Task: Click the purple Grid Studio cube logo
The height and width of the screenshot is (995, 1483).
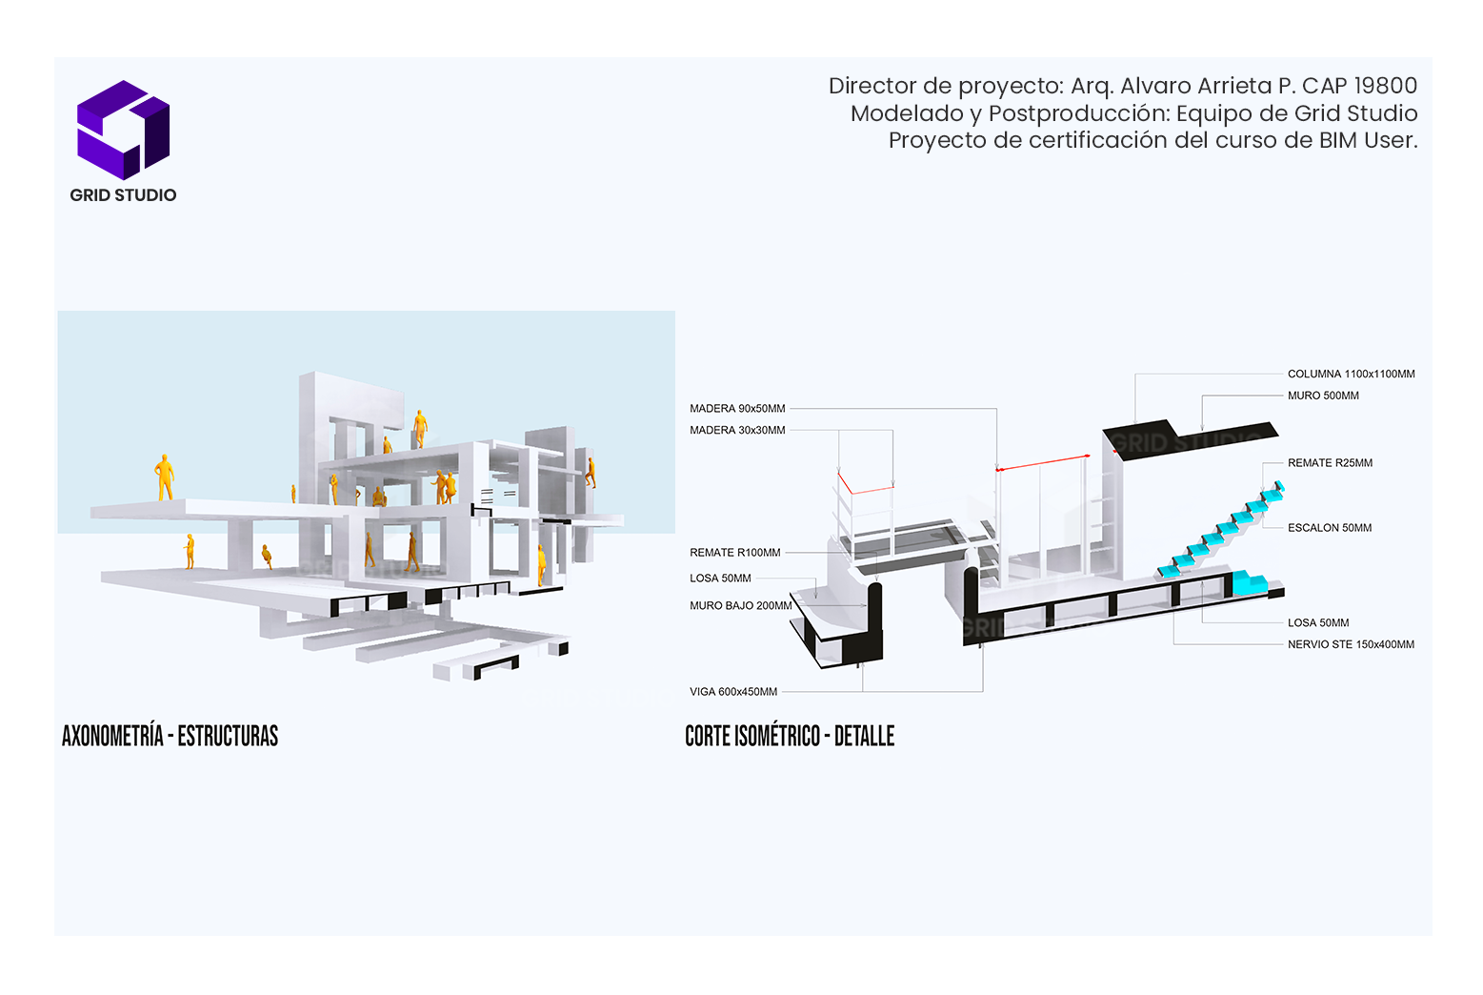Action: pyautogui.click(x=123, y=130)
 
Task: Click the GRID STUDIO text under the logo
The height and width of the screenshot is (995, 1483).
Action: pyautogui.click(x=123, y=195)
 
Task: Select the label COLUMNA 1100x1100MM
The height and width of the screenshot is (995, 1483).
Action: pyautogui.click(x=1351, y=375)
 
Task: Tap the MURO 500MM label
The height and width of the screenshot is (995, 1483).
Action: pyautogui.click(x=1323, y=396)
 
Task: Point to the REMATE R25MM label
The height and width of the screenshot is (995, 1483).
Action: pyautogui.click(x=1330, y=463)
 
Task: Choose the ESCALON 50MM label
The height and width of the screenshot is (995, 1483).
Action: pyautogui.click(x=1330, y=528)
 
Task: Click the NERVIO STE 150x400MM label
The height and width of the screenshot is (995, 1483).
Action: pyautogui.click(x=1351, y=645)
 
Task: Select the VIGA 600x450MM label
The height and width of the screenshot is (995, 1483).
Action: pyautogui.click(x=733, y=692)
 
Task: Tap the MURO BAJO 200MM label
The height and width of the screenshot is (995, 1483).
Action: pyautogui.click(x=740, y=606)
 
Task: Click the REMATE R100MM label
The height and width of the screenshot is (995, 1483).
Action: pyautogui.click(x=734, y=553)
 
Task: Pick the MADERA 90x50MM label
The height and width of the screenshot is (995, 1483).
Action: pyautogui.click(x=737, y=409)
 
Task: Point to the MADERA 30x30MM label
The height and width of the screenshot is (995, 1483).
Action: pyautogui.click(x=737, y=431)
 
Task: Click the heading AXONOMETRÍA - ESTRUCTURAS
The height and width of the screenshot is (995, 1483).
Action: pyautogui.click(x=170, y=736)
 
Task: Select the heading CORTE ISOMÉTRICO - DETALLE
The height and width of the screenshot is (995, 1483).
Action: pyautogui.click(x=790, y=736)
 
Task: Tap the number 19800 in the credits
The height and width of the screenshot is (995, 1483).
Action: pyautogui.click(x=1385, y=86)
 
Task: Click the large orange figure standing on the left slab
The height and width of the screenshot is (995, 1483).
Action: pyautogui.click(x=165, y=477)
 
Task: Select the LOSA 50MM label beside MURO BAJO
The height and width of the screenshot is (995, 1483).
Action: pyautogui.click(x=720, y=579)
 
